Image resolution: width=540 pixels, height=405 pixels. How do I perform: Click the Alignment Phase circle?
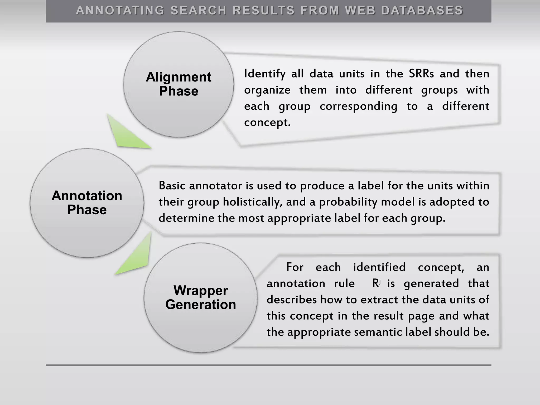tap(179, 84)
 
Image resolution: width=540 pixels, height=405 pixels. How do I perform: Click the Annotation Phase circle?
tap(87, 203)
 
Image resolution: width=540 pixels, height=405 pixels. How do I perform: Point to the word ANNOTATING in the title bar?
tap(120, 11)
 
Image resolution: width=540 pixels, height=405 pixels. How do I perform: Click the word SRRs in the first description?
tap(421, 74)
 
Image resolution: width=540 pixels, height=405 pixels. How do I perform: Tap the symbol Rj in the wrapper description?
tap(376, 283)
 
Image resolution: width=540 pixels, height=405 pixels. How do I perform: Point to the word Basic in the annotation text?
tap(172, 186)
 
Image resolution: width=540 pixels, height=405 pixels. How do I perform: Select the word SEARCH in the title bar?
tap(199, 11)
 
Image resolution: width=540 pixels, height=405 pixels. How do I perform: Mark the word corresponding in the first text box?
tap(358, 107)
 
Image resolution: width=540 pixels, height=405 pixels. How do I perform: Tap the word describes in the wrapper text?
tap(291, 300)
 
